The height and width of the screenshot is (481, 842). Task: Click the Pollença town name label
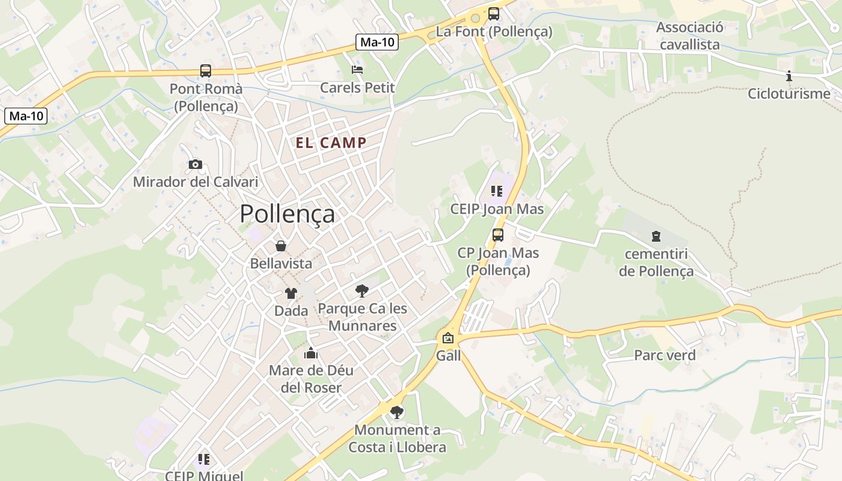(287, 213)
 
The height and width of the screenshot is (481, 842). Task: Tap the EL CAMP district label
(331, 142)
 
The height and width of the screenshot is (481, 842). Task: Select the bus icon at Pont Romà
(206, 71)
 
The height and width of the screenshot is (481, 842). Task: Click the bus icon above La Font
(494, 13)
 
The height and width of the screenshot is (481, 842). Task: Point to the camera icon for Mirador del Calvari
(195, 164)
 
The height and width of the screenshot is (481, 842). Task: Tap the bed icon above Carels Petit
(357, 70)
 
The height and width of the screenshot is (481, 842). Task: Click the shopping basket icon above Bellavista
(281, 246)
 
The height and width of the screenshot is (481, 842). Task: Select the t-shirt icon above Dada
(291, 293)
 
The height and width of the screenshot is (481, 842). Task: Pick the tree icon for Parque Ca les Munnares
(362, 291)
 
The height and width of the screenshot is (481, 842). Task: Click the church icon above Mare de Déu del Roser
(311, 353)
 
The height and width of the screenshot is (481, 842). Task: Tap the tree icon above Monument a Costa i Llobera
(396, 412)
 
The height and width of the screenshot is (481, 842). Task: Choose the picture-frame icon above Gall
(448, 338)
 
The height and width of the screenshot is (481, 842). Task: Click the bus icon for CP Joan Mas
(498, 235)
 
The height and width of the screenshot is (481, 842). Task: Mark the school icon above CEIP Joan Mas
(497, 191)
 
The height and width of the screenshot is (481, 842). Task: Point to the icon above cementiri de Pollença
(656, 236)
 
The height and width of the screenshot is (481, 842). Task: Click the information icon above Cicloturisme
(789, 76)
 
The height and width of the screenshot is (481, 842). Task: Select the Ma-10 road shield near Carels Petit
(377, 42)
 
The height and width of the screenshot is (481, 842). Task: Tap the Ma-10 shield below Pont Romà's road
(26, 116)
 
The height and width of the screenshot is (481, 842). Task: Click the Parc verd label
(665, 355)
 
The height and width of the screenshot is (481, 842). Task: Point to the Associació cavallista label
(689, 36)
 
